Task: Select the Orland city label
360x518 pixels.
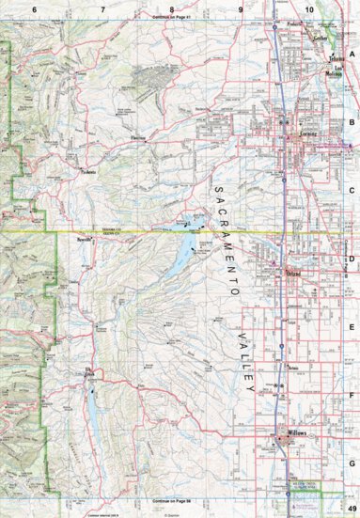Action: (296, 273)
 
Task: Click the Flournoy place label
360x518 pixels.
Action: (140, 138)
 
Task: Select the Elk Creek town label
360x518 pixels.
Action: (90, 372)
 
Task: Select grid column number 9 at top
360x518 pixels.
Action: (241, 8)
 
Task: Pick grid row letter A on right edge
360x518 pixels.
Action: (352, 55)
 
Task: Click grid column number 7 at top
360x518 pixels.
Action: (102, 8)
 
